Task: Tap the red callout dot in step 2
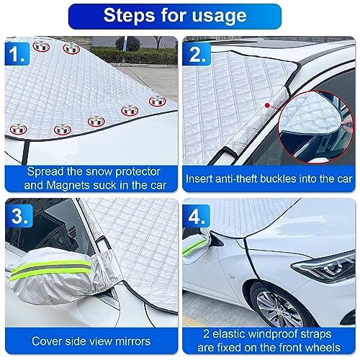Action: [x=268, y=106]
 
